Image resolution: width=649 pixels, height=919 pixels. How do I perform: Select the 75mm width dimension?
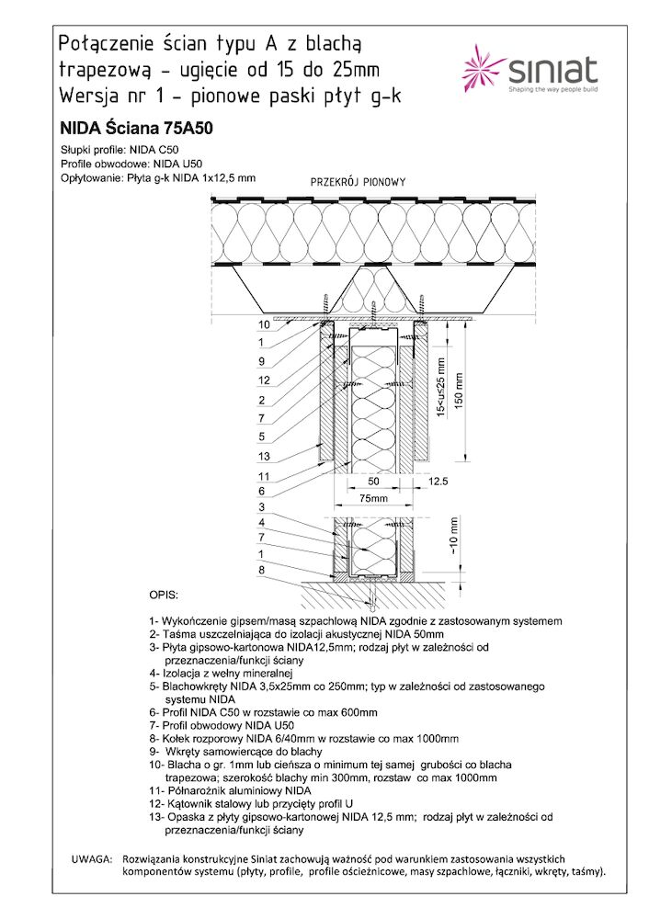[373, 498]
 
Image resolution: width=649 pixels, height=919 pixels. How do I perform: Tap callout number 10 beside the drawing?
[263, 325]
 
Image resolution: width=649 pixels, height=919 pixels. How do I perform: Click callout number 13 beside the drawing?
[263, 457]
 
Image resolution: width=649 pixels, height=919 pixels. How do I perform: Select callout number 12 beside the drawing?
[263, 380]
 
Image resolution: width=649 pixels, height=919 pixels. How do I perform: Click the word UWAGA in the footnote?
[92, 857]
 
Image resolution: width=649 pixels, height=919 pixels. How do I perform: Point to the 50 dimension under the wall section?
[373, 481]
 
